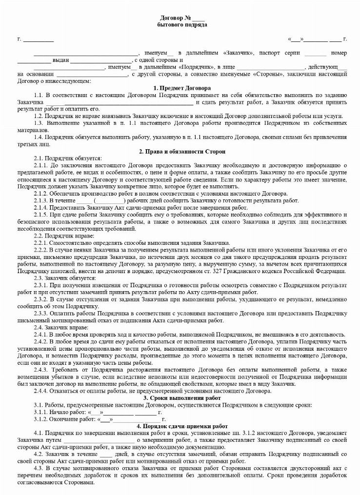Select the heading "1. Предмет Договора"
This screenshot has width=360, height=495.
(180, 88)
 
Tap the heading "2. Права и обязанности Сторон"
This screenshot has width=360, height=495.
(180, 152)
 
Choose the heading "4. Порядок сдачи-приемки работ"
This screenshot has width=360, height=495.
(180, 425)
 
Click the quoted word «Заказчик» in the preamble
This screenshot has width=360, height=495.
(238, 52)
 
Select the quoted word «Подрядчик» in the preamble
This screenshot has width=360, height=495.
(198, 66)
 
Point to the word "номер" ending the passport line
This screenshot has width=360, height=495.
(339, 52)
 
